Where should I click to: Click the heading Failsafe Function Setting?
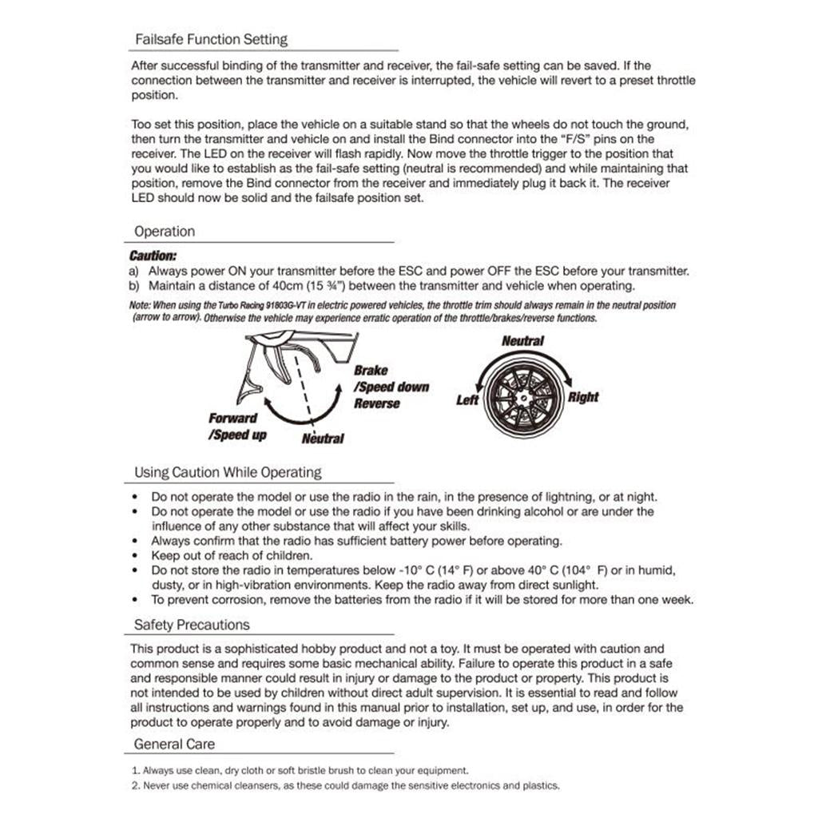click(211, 39)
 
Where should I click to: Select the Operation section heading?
click(165, 232)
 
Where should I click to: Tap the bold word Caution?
click(153, 256)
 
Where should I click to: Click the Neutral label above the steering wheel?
click(522, 341)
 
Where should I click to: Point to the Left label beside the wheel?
click(467, 399)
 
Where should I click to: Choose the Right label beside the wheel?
click(583, 397)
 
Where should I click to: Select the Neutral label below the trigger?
click(323, 439)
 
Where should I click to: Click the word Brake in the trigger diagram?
click(371, 371)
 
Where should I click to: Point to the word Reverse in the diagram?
click(377, 403)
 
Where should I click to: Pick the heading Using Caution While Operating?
click(228, 472)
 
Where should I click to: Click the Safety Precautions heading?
click(192, 625)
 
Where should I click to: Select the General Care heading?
click(174, 744)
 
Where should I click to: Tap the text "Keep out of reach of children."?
click(232, 555)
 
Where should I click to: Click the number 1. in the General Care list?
click(136, 771)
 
